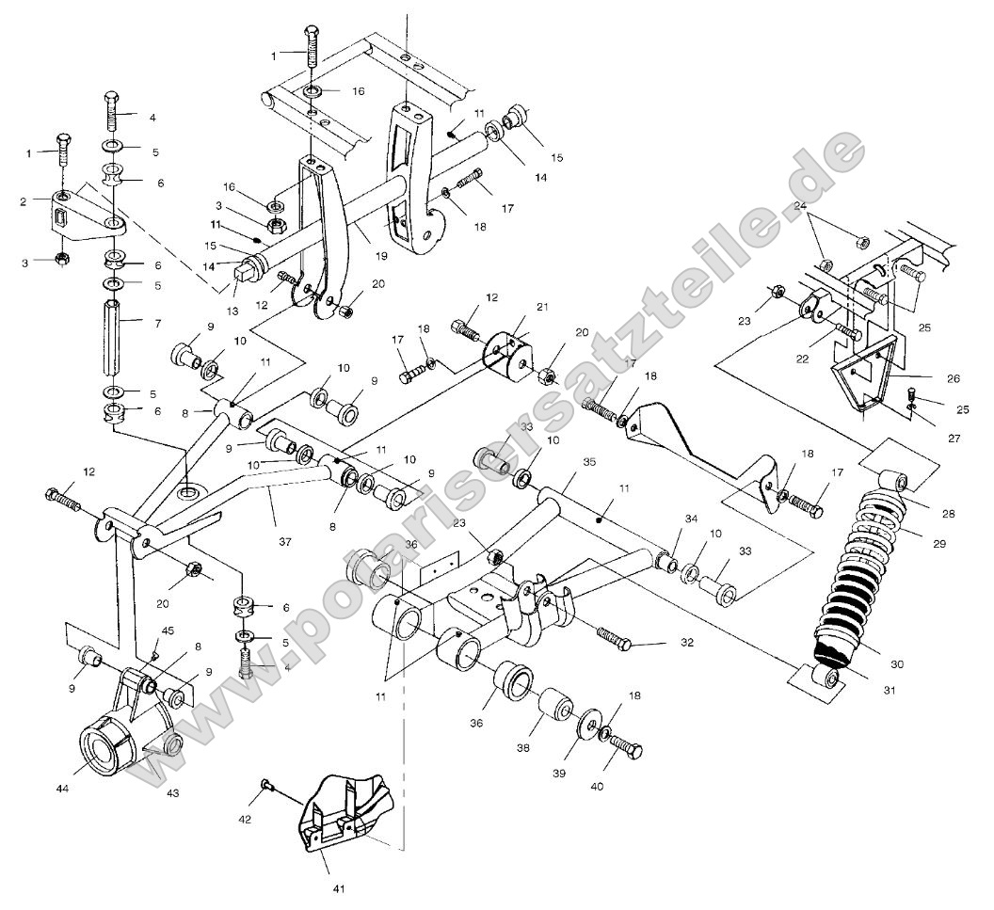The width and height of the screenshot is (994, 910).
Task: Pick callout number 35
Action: click(x=590, y=463)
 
